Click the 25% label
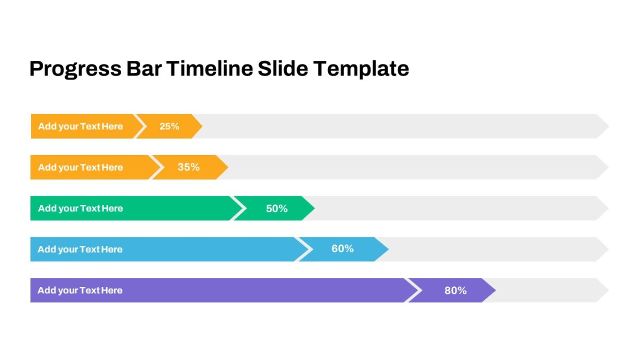169,126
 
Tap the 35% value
189,167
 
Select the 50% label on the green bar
277,209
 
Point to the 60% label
342,249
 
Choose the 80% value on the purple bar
455,291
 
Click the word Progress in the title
75,69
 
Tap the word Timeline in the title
210,69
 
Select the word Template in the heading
361,69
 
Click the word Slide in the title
283,69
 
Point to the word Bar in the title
144,69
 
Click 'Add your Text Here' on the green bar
81,209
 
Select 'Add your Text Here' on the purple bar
80,291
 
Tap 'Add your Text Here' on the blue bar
80,250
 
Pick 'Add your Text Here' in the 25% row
81,126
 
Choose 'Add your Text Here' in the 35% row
81,167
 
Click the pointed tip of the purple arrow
495,290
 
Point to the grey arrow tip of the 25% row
609,126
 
